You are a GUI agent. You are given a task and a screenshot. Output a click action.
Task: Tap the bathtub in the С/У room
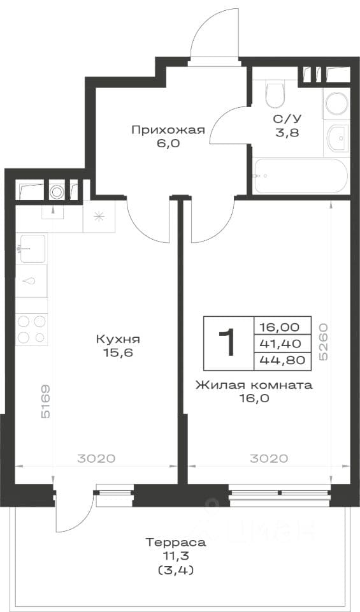pyautogui.click(x=299, y=176)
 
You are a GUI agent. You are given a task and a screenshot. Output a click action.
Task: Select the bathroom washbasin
pyautogui.click(x=337, y=138)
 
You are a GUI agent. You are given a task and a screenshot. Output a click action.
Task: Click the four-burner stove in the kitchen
pyautogui.click(x=32, y=330)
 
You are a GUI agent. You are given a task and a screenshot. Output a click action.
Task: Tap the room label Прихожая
pyautogui.click(x=168, y=130)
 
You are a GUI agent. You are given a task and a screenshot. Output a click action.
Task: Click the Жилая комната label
pyautogui.click(x=254, y=385)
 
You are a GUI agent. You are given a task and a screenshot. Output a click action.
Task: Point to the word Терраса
pyautogui.click(x=175, y=542)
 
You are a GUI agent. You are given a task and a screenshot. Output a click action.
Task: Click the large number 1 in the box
pyautogui.click(x=227, y=343)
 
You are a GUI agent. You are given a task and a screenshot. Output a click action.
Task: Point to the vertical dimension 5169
pyautogui.click(x=45, y=402)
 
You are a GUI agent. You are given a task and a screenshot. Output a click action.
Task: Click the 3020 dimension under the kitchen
pyautogui.click(x=96, y=458)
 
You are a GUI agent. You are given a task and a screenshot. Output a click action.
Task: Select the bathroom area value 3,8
pyautogui.click(x=287, y=133)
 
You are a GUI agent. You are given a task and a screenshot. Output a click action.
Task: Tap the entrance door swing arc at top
pyautogui.click(x=213, y=31)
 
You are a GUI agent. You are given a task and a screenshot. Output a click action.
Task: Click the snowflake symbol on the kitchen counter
pyautogui.click(x=99, y=217)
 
